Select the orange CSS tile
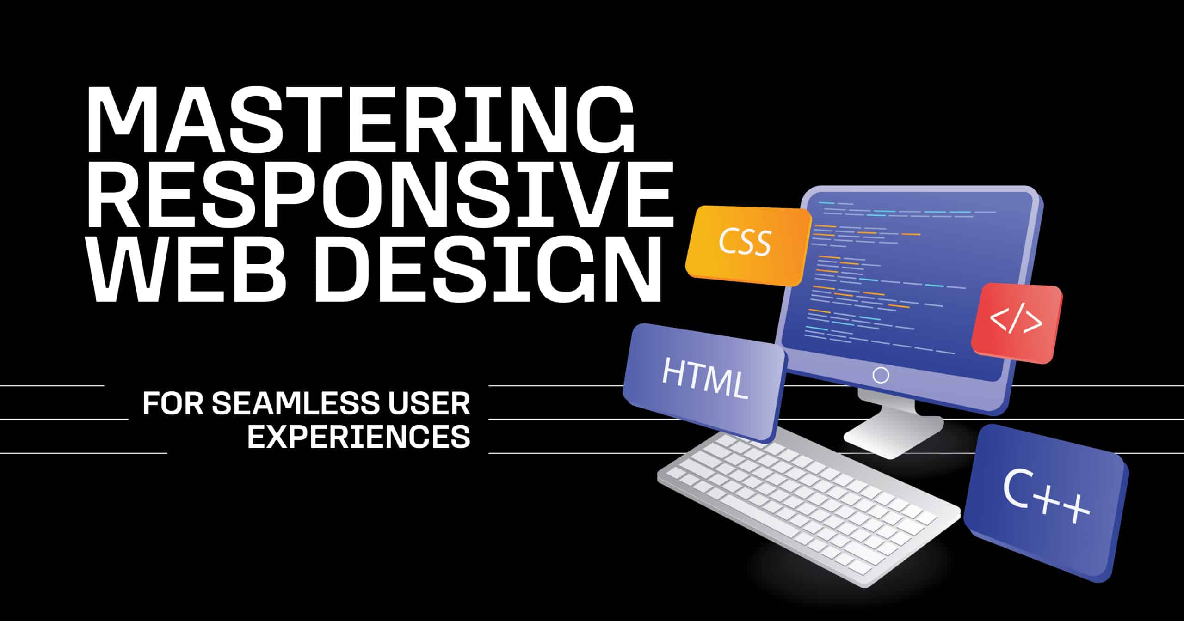748,245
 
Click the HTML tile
704,382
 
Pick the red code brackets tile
1017,323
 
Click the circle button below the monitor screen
880,375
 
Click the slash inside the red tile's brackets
1016,322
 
